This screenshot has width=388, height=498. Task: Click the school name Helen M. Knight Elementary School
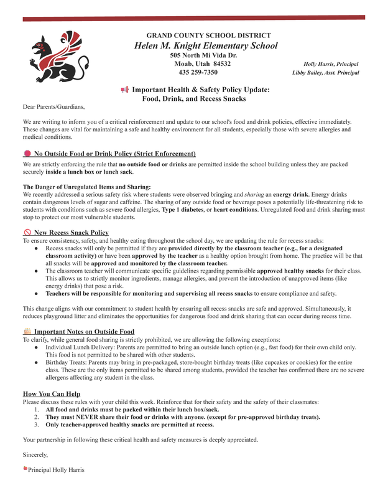click(x=206, y=46)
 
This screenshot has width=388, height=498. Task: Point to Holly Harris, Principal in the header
click(x=330, y=64)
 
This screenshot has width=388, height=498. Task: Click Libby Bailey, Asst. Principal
click(x=325, y=73)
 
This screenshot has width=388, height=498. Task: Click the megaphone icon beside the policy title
click(x=124, y=90)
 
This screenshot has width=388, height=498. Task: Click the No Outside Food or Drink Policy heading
click(x=114, y=154)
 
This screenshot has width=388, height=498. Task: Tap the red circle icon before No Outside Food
click(x=27, y=154)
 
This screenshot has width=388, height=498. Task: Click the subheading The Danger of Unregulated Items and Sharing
click(x=86, y=187)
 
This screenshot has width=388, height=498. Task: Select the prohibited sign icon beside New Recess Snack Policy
click(x=27, y=233)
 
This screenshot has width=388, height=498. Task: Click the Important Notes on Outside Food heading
click(x=84, y=332)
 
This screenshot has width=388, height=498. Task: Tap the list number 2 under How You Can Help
click(x=37, y=417)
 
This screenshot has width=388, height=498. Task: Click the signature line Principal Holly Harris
click(x=56, y=469)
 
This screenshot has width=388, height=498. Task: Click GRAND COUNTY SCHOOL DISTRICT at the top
click(x=208, y=35)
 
